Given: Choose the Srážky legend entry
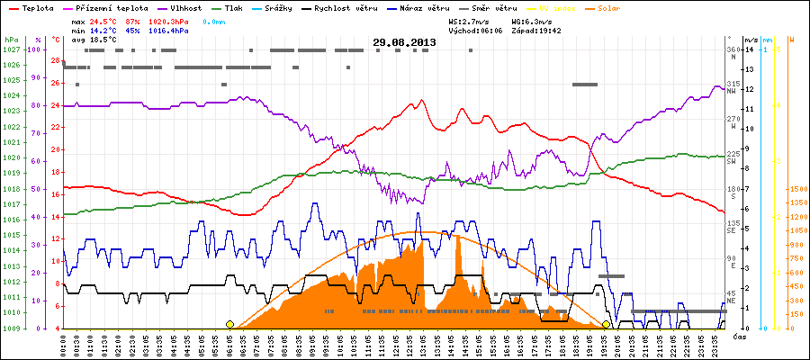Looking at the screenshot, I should point(291,6).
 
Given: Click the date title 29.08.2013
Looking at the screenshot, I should point(404,41).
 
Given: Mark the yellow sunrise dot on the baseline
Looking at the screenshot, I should point(230,324).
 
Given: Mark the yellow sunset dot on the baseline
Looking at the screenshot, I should point(607,324).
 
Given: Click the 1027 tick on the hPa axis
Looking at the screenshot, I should point(12,50).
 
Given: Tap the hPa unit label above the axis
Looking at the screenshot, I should point(11,40).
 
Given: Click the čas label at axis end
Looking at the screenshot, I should point(739,336).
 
